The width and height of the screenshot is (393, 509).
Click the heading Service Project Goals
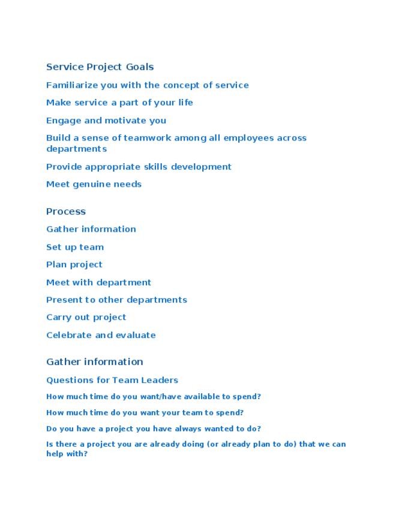(100, 67)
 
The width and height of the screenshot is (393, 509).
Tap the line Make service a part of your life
(119, 103)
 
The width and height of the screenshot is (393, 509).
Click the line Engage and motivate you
(106, 120)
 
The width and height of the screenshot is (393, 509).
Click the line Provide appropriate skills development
(139, 167)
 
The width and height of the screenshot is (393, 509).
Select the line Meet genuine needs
(94, 184)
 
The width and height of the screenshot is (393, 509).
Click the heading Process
(66, 211)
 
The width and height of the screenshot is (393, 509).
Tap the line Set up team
(75, 247)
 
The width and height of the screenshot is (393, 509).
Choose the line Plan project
(74, 265)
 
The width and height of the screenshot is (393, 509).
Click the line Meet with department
(98, 282)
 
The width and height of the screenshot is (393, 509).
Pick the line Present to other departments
(116, 300)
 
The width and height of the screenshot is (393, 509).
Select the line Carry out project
(86, 317)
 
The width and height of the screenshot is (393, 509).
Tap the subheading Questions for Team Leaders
(112, 380)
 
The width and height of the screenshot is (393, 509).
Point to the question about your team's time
(145, 413)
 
